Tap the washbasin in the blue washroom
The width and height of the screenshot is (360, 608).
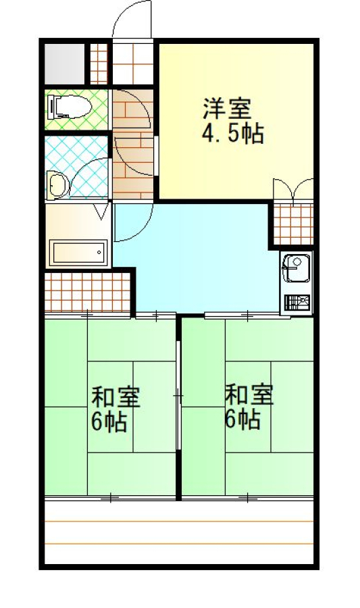tap(57, 185)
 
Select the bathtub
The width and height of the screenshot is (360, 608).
tap(78, 253)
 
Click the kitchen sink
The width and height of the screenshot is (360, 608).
tap(297, 268)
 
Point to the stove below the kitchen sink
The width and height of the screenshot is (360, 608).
tap(297, 303)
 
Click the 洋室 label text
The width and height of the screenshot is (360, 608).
tap(227, 109)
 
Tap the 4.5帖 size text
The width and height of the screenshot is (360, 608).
tap(232, 134)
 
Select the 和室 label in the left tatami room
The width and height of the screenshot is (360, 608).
tap(115, 397)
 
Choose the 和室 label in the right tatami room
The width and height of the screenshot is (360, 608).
tap(249, 395)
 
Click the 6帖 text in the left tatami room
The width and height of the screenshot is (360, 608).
tap(109, 422)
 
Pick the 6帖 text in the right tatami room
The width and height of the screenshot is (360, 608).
tap(242, 419)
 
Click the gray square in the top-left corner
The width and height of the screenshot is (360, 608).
tap(64, 64)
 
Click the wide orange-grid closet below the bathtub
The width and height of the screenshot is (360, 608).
tap(87, 292)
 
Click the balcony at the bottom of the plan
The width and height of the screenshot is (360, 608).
tap(178, 532)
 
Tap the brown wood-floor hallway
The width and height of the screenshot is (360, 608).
tap(133, 144)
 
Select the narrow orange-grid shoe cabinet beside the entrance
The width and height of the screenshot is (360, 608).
tap(99, 64)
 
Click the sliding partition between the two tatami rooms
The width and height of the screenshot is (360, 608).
tap(178, 395)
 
